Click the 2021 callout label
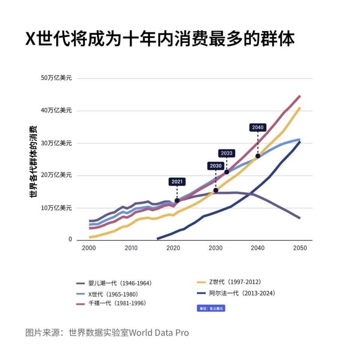177,182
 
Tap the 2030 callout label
216,166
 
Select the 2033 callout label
226,153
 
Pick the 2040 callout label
258,127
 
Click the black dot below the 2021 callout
177,200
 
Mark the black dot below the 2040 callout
258,156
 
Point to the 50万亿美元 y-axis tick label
56,78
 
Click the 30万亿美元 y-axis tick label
56,143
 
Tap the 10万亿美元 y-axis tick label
56,207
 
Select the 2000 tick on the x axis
88,248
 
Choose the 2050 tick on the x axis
300,248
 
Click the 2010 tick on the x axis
131,248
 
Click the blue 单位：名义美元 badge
211,309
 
